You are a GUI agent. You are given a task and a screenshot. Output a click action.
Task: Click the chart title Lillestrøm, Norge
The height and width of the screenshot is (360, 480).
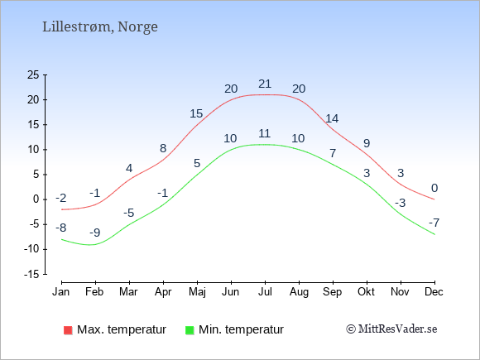click(x=100, y=27)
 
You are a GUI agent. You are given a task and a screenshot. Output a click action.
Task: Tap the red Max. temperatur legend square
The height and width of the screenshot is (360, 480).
click(x=68, y=330)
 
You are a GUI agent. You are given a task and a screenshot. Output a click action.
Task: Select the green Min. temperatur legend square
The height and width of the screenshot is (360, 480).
click(x=190, y=330)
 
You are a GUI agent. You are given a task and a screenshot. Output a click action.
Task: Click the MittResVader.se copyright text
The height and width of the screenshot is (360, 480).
click(x=391, y=329)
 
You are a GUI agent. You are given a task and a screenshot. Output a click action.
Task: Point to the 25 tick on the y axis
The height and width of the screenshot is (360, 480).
click(x=33, y=74)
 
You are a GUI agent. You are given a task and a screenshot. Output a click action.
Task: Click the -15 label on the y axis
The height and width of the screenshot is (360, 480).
click(x=31, y=274)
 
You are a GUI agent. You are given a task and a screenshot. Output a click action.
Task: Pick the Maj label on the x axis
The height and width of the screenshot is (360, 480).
click(x=197, y=292)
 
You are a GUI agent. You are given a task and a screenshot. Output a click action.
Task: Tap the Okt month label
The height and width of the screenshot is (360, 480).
click(x=366, y=292)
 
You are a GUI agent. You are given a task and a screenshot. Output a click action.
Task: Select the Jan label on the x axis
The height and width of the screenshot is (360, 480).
click(x=61, y=292)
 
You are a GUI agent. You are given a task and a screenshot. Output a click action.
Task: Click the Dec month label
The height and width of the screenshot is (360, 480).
click(x=434, y=292)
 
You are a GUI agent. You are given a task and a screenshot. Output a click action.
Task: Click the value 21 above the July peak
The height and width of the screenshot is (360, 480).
click(x=265, y=84)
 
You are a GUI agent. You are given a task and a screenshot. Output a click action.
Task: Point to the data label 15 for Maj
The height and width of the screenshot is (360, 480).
click(x=196, y=113)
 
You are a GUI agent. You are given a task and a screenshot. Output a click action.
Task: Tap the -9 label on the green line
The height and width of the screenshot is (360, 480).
click(x=95, y=233)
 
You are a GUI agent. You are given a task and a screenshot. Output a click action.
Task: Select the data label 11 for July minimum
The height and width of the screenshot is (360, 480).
click(x=264, y=133)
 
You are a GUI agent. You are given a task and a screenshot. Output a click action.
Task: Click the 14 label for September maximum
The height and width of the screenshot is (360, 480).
click(x=332, y=118)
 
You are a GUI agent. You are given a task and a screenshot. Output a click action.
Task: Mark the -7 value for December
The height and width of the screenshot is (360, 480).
click(x=434, y=223)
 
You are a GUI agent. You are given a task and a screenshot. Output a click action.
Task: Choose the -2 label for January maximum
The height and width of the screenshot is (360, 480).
click(x=61, y=199)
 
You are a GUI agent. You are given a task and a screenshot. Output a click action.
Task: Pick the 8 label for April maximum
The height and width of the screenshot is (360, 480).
click(x=163, y=148)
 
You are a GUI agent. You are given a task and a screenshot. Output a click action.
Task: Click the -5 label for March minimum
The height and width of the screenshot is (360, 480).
click(x=129, y=213)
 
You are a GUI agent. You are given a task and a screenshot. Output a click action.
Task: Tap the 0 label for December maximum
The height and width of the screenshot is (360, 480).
click(x=434, y=188)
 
